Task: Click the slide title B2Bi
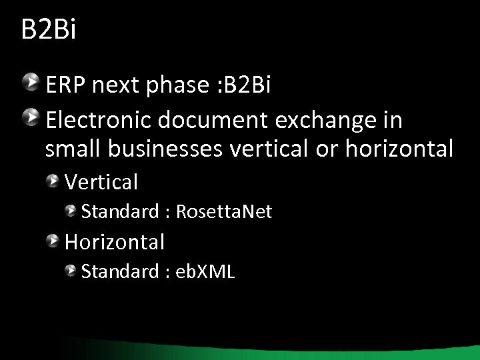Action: tap(49, 30)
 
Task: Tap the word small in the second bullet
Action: tap(70, 149)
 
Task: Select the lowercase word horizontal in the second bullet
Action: tap(399, 149)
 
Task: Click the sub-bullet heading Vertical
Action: tap(101, 181)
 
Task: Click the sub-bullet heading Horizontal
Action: tap(115, 241)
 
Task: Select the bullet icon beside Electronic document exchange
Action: tap(31, 119)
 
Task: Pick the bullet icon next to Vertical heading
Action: tap(53, 180)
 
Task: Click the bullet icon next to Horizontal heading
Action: tap(53, 240)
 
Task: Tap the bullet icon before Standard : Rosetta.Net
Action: tap(70, 211)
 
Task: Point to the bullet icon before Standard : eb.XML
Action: tap(70, 271)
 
